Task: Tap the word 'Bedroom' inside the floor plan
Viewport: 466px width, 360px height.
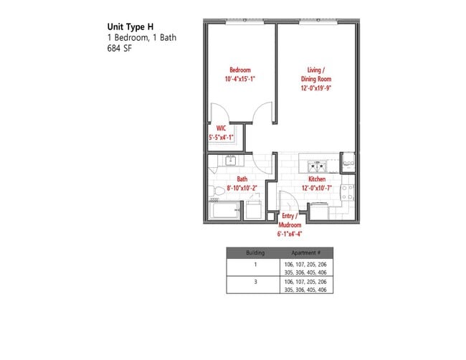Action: pos(240,70)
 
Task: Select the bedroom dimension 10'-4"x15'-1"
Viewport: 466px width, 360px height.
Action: pos(240,79)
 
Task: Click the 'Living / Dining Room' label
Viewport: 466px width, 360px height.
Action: pos(316,74)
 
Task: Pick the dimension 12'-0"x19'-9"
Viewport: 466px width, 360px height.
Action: pos(316,88)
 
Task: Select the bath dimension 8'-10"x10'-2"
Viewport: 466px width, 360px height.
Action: pos(242,188)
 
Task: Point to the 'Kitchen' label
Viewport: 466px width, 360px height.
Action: pos(317,179)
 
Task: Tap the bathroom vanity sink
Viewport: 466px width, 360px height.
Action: pos(232,161)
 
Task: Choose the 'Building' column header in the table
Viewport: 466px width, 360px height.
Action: pos(255,253)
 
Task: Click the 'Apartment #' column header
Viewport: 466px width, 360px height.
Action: pos(305,253)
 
